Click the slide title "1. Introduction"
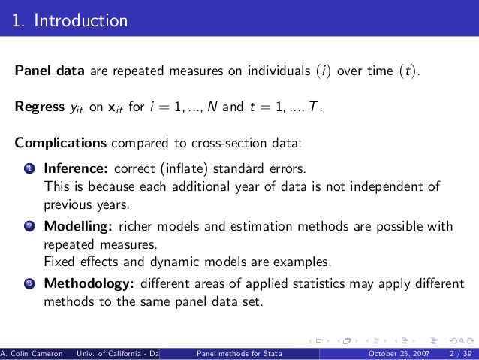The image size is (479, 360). pos(69,20)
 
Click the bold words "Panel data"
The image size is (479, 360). pos(50,71)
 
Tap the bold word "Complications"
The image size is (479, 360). pos(61,142)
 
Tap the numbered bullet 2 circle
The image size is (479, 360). pos(27,226)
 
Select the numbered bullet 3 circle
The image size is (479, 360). pos(27,285)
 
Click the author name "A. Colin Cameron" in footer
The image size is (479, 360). pos(32,353)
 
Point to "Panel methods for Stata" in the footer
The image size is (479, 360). pos(239,353)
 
